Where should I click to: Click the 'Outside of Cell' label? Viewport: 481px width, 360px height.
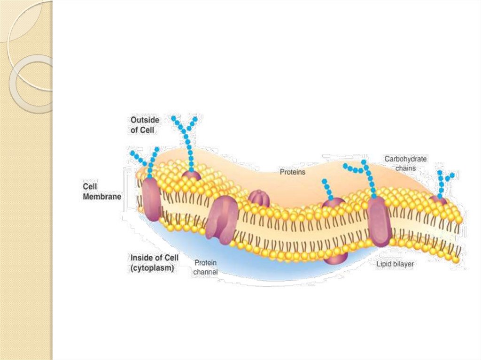[x=145, y=125]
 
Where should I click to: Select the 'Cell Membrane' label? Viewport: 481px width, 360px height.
[x=102, y=192]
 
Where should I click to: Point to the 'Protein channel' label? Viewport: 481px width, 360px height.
[x=205, y=267]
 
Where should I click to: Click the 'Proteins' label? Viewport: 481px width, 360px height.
[x=293, y=172]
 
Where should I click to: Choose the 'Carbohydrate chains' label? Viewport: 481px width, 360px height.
[x=406, y=163]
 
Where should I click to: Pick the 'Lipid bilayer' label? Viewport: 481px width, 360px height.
[x=395, y=264]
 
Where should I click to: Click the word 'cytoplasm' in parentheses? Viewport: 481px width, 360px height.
[x=152, y=268]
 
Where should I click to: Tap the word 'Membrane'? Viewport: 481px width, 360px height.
[x=102, y=197]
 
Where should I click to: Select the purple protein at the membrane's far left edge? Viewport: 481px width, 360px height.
[x=151, y=199]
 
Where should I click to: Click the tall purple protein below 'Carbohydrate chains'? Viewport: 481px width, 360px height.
[x=380, y=222]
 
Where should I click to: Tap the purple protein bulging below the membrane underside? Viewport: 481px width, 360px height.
[x=336, y=258]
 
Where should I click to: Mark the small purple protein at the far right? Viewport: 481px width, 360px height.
[x=439, y=200]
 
